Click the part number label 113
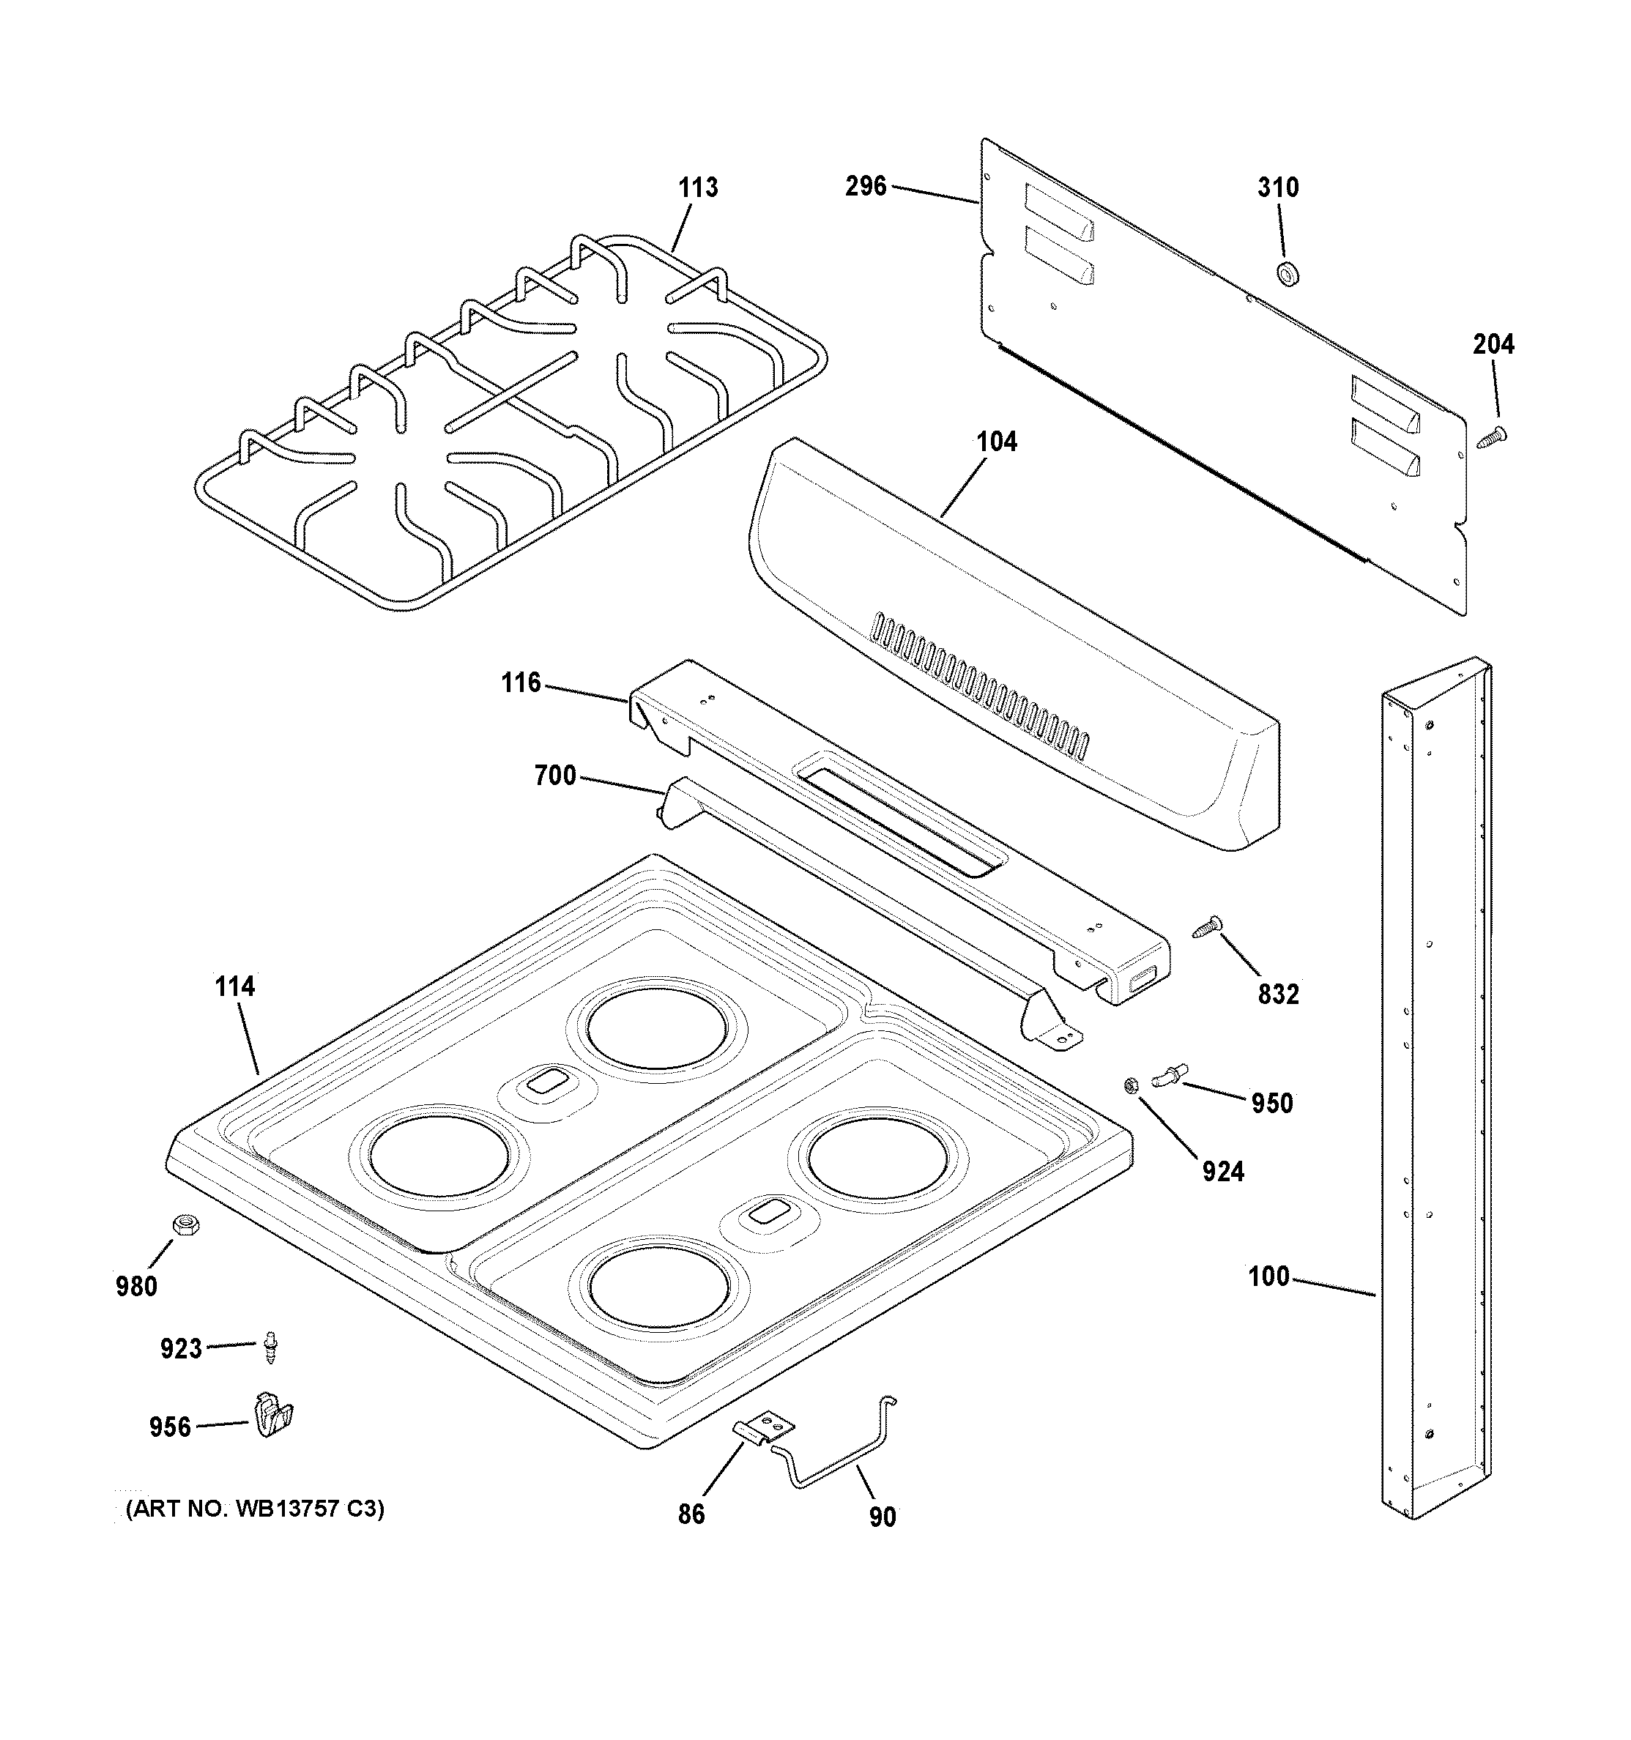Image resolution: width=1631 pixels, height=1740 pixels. click(x=698, y=187)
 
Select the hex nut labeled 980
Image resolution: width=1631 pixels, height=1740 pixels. click(x=185, y=1224)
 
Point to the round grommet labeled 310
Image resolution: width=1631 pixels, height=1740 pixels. click(x=1287, y=274)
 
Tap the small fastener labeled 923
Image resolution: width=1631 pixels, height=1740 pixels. click(x=272, y=1348)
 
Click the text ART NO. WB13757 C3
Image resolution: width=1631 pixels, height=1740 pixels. click(x=255, y=1508)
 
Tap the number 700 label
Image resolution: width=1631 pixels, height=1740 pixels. click(x=555, y=776)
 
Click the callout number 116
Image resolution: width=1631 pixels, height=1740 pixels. click(x=521, y=683)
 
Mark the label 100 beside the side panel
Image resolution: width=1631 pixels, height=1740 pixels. click(x=1268, y=1277)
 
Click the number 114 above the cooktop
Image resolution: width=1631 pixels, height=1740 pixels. click(x=234, y=986)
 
